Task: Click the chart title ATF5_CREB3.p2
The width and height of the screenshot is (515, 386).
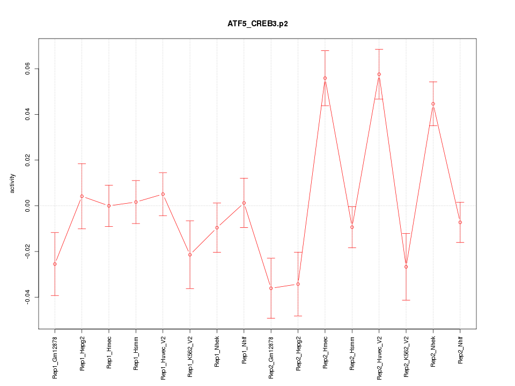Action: pyautogui.click(x=257, y=24)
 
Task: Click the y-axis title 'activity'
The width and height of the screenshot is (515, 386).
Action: pyautogui.click(x=13, y=183)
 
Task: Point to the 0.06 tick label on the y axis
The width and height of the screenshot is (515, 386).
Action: pyautogui.click(x=27, y=69)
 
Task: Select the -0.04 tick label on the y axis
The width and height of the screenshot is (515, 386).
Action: pyautogui.click(x=27, y=297)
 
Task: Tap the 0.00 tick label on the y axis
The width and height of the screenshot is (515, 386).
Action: pyautogui.click(x=27, y=206)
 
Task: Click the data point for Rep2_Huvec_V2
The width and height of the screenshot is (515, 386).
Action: pyautogui.click(x=379, y=74)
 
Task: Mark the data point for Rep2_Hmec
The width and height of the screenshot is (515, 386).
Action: pyautogui.click(x=325, y=78)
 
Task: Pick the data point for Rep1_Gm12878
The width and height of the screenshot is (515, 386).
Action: pyautogui.click(x=55, y=264)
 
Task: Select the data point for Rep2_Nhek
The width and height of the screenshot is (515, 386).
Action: pyautogui.click(x=433, y=104)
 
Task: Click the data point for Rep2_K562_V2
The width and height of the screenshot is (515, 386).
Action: pyautogui.click(x=406, y=266)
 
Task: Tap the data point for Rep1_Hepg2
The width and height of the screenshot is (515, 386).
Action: pyautogui.click(x=82, y=196)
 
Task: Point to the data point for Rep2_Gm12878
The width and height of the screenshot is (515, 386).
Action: pyautogui.click(x=271, y=288)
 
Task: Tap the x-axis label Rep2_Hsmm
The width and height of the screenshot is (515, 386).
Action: pyautogui.click(x=352, y=353)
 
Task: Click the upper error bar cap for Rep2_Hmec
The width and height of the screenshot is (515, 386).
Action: pyautogui.click(x=325, y=50)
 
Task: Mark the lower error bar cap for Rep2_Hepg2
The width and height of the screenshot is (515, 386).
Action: pyautogui.click(x=298, y=316)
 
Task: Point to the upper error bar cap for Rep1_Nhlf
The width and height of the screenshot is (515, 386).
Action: pyautogui.click(x=244, y=178)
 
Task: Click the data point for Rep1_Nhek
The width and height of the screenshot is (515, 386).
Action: pyautogui.click(x=217, y=227)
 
